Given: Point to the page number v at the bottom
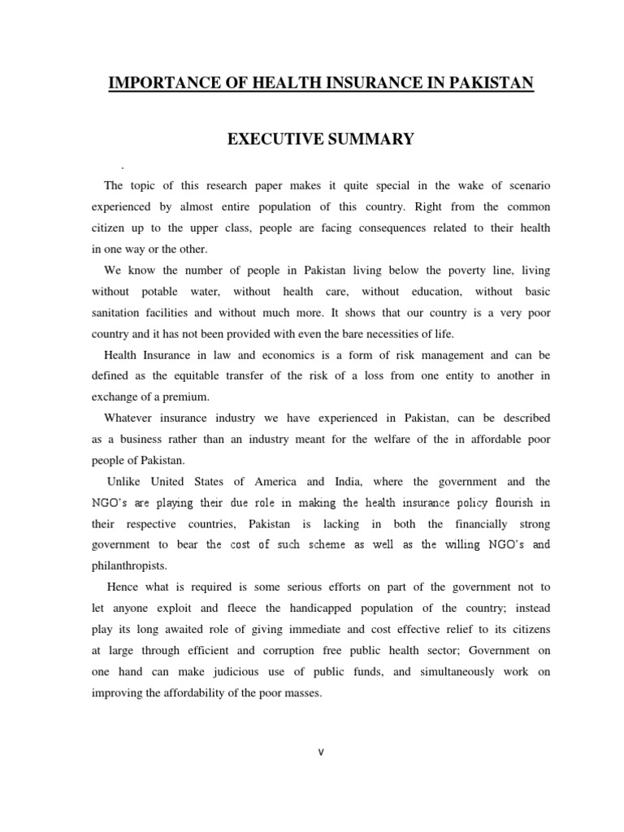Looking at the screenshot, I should pos(320,752).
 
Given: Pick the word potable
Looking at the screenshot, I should pos(171,291).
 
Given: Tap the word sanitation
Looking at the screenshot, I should pos(119,312).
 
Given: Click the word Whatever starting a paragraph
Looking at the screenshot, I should pos(130,418).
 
